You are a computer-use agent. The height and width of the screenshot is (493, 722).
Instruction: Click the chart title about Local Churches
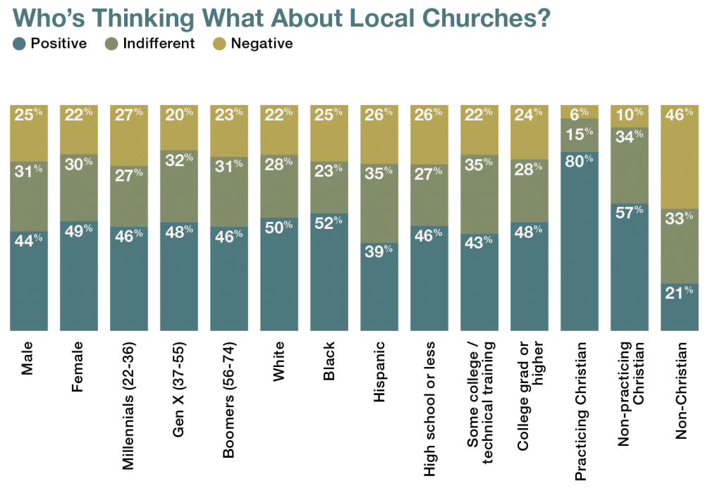tap(281, 18)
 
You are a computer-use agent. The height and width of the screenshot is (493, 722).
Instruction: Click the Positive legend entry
tap(50, 44)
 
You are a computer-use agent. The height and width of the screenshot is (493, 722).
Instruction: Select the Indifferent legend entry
tap(151, 44)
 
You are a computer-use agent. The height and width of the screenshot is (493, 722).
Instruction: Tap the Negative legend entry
tap(252, 44)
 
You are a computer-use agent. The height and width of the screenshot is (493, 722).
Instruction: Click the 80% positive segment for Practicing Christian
tap(579, 239)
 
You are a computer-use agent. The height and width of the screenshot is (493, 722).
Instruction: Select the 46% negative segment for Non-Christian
tap(679, 156)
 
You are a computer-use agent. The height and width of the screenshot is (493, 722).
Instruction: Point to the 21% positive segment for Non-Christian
tap(679, 306)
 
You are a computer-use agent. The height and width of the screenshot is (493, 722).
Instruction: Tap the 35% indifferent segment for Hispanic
tap(379, 202)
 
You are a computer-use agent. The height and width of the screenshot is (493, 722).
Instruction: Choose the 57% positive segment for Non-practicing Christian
tap(629, 266)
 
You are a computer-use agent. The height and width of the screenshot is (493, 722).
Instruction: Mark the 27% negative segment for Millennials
tap(129, 135)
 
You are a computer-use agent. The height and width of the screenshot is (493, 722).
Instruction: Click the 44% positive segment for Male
tap(29, 280)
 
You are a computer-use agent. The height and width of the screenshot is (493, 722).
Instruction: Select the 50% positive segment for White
tap(279, 273)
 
